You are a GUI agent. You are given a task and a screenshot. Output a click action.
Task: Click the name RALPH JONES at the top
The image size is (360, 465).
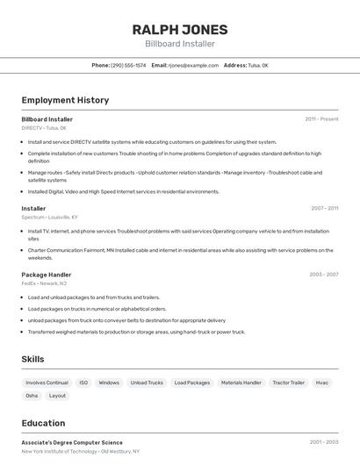tap(180, 29)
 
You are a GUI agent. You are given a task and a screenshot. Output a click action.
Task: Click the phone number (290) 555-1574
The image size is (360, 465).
tap(128, 65)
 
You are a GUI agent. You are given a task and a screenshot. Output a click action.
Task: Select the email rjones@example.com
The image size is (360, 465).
tap(193, 65)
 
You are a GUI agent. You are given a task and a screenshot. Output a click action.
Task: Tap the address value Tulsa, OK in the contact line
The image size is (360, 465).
tap(258, 65)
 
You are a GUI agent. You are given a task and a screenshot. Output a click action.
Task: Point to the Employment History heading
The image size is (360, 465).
tap(65, 100)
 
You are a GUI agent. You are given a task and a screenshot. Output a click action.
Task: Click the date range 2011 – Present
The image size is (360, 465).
tap(321, 118)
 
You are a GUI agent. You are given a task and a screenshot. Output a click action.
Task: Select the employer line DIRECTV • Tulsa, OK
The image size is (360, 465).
tap(44, 128)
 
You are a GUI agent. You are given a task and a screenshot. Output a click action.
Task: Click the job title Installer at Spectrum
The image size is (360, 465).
tap(33, 208)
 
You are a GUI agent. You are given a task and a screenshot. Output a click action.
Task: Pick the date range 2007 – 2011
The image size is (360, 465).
tap(324, 208)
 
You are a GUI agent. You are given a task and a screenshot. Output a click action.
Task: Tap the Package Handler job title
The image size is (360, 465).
tap(47, 274)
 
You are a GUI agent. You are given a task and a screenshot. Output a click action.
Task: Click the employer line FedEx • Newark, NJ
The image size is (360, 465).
tap(44, 283)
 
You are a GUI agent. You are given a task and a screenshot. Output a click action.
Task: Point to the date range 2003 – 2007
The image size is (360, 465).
tap(323, 274)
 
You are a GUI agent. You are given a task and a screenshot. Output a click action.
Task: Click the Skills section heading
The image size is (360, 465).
tap(32, 359)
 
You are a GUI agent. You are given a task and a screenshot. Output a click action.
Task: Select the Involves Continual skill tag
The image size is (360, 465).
tap(47, 383)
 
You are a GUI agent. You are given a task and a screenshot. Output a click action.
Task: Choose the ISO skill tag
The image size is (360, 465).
tap(83, 383)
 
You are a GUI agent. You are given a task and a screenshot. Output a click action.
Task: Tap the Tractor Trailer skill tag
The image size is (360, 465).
tap(288, 383)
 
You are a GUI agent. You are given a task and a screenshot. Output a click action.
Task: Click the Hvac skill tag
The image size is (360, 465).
tap(322, 383)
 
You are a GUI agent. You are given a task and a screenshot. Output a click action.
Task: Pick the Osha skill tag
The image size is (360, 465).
tap(32, 396)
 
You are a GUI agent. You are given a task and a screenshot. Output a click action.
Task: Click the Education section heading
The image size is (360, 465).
tap(43, 422)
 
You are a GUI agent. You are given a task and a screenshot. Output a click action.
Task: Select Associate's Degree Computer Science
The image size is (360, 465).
tap(72, 442)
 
